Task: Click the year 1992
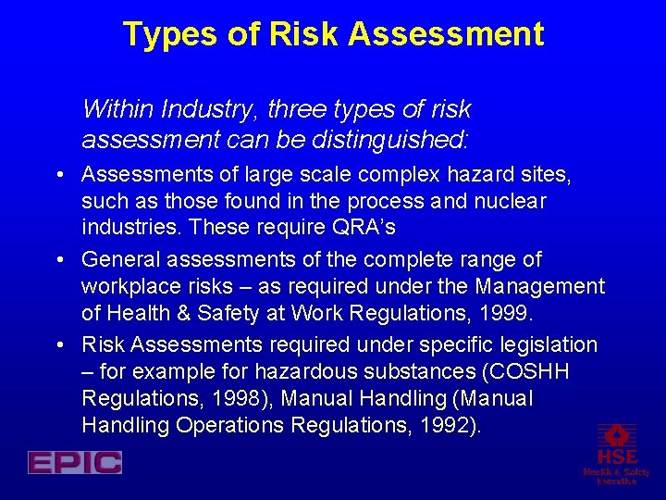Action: pyautogui.click(x=447, y=425)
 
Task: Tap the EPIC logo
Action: pyautogui.click(x=75, y=462)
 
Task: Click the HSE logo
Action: pyautogui.click(x=616, y=453)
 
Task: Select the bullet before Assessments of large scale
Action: pyautogui.click(x=59, y=174)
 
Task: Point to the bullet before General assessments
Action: pyautogui.click(x=59, y=259)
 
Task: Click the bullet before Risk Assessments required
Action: pyautogui.click(x=59, y=344)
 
